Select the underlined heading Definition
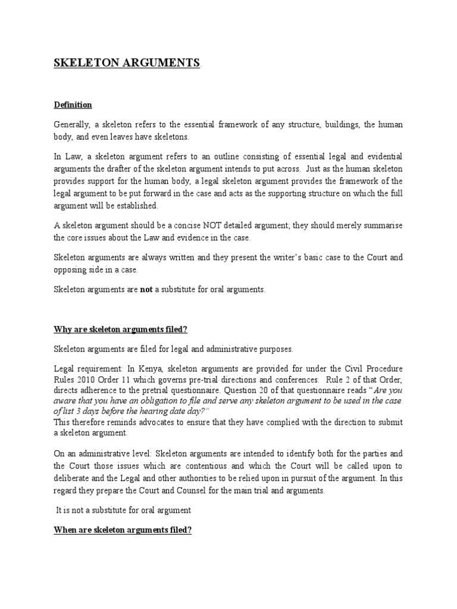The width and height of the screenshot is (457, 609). (73, 105)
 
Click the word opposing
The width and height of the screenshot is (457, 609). (71, 269)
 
